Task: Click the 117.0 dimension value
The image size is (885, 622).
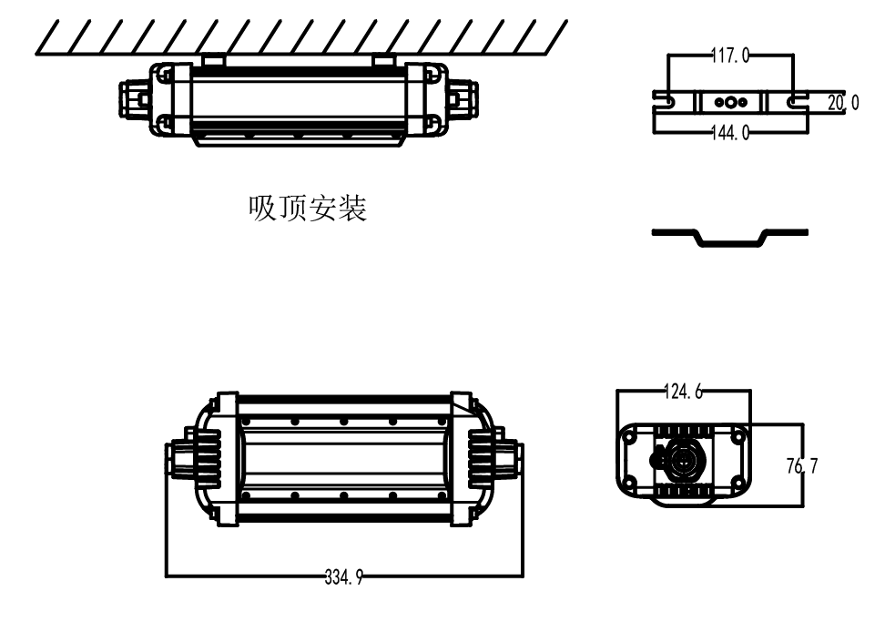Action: (729, 56)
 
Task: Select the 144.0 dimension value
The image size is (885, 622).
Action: (729, 133)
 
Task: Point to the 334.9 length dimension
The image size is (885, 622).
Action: (343, 576)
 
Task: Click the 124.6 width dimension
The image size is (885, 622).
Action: (683, 393)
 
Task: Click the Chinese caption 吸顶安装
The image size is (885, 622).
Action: (308, 210)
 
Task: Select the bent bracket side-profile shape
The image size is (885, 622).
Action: (729, 238)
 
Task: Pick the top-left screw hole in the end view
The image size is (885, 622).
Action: (629, 437)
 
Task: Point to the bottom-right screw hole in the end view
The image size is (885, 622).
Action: (737, 484)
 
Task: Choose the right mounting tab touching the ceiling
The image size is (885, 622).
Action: (383, 60)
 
